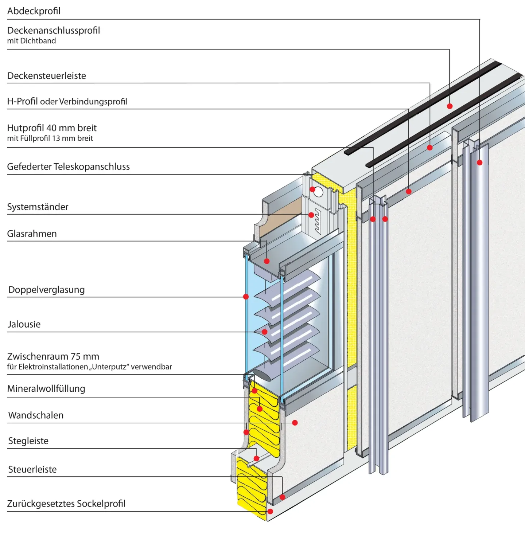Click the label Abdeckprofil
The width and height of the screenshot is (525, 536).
coord(34,11)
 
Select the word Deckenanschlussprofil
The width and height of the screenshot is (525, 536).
coord(54,31)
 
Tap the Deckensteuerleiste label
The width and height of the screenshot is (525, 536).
coord(47,76)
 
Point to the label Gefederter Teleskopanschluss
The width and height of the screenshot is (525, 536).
coord(69,167)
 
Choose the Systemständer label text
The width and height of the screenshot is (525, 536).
coord(38,207)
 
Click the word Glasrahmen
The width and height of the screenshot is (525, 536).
coord(32,234)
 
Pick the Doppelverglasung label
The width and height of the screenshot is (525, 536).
coord(46,290)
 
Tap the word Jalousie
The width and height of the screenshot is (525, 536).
coord(24,324)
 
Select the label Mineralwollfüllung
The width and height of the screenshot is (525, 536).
coord(46,389)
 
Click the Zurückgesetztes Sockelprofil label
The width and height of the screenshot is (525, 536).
coord(66,504)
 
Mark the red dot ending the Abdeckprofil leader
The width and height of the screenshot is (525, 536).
coord(480,163)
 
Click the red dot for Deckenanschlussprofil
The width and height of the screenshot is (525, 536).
coord(450,106)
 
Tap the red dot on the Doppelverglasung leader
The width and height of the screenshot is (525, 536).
coord(246,297)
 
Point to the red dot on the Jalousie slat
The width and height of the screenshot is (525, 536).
coord(265,332)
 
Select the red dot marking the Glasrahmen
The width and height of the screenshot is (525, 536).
coord(267,261)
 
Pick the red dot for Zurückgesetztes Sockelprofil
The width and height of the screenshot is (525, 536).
coord(270,512)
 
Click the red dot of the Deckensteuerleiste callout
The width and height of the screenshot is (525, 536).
coord(430,148)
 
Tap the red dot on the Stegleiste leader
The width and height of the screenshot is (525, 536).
coord(256,458)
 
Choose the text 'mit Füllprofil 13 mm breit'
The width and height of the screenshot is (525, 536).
coord(50,138)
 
